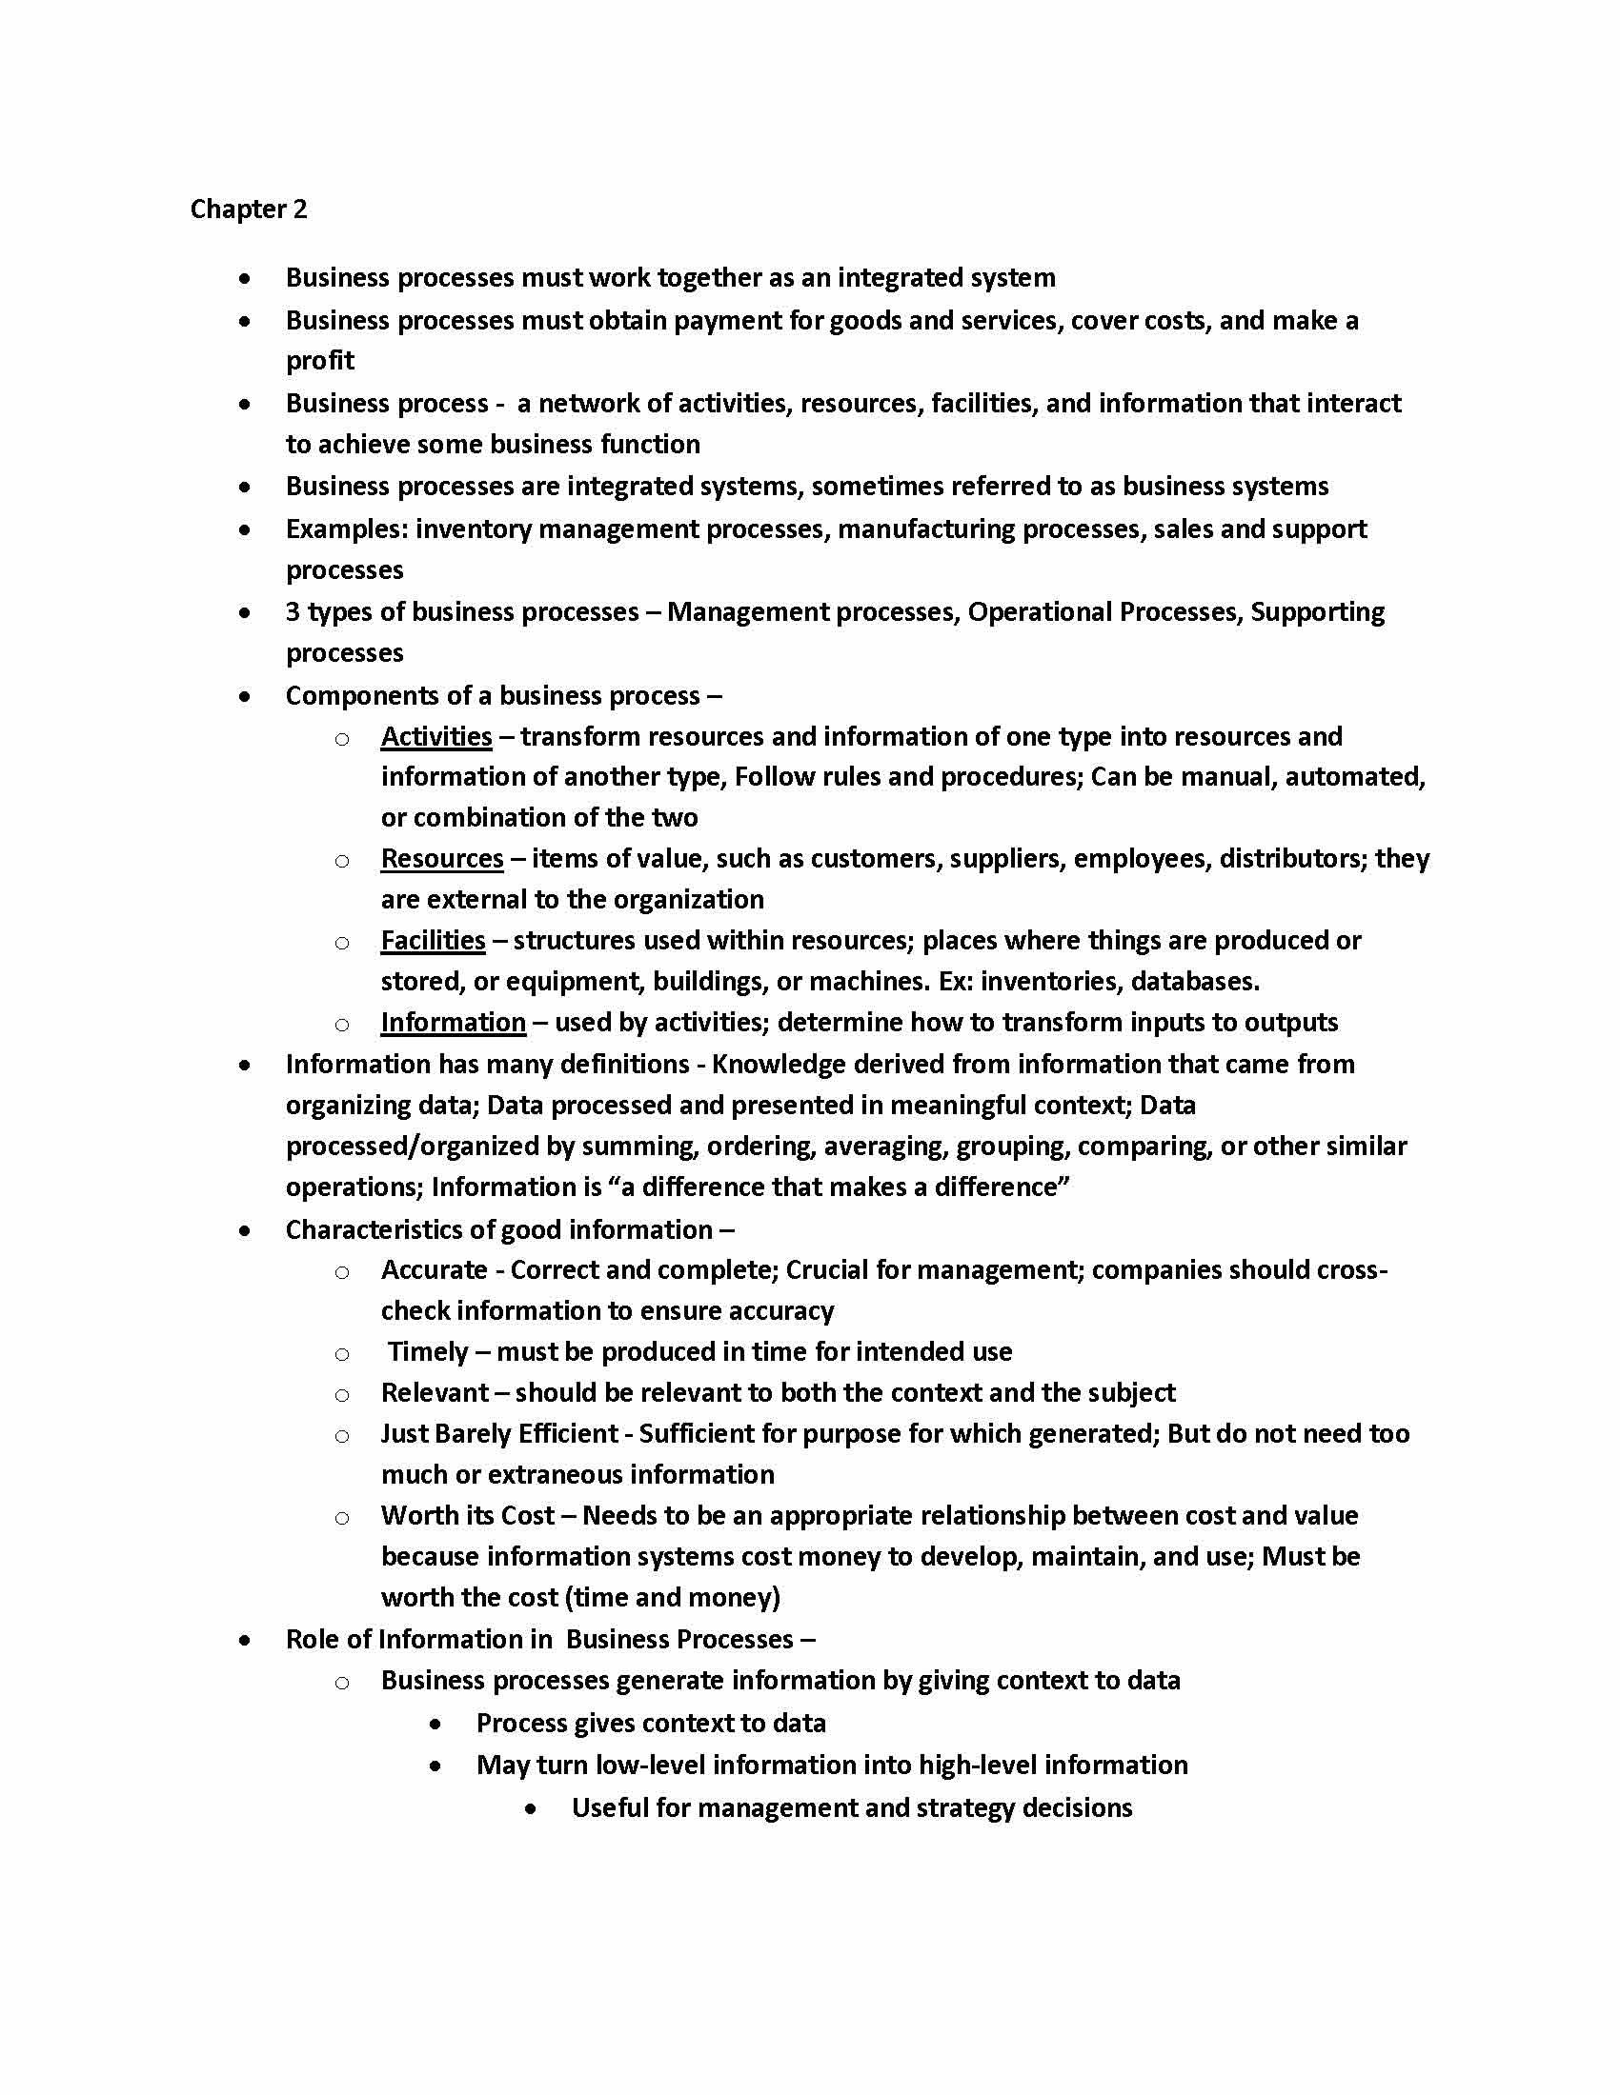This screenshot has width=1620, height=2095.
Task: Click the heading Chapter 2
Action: coord(249,209)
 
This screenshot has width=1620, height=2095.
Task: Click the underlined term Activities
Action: coord(435,737)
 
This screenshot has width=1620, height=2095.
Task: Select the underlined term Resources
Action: coord(441,859)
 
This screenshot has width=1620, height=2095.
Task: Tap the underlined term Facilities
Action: coord(433,941)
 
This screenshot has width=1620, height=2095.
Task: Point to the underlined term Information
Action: coord(453,1023)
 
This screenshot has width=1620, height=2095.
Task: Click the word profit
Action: coord(319,361)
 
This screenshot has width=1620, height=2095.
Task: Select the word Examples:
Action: coord(347,529)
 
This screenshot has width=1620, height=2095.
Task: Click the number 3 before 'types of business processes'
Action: coord(293,612)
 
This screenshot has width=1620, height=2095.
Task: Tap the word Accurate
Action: coord(434,1270)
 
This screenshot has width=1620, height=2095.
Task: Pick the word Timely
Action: coord(428,1352)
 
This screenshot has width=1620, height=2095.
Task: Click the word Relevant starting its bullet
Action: coord(435,1393)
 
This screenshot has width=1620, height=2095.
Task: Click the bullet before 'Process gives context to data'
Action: coord(436,1724)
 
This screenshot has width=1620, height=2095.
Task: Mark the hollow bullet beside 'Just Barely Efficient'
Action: coord(342,1436)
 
